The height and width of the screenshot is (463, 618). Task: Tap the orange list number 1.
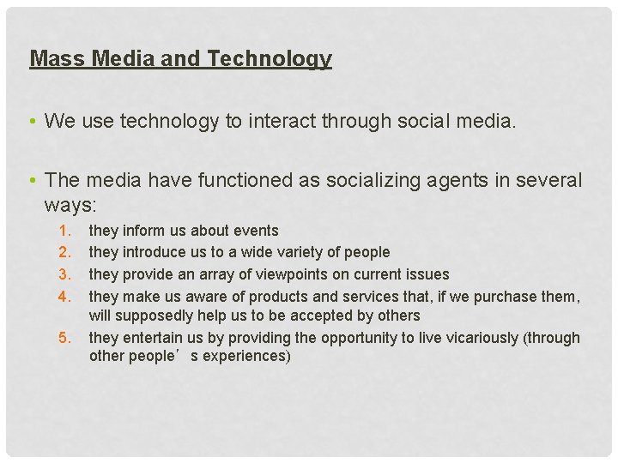(x=64, y=231)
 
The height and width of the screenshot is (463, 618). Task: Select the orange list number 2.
(x=64, y=252)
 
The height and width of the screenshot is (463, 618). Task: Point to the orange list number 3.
(x=64, y=274)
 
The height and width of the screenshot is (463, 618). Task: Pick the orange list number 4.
(x=64, y=297)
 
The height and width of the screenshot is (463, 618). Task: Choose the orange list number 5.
(x=64, y=338)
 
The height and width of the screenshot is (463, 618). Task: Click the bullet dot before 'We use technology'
(x=32, y=122)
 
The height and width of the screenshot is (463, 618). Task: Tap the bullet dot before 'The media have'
(x=32, y=181)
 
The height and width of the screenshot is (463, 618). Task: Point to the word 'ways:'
(x=71, y=206)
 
